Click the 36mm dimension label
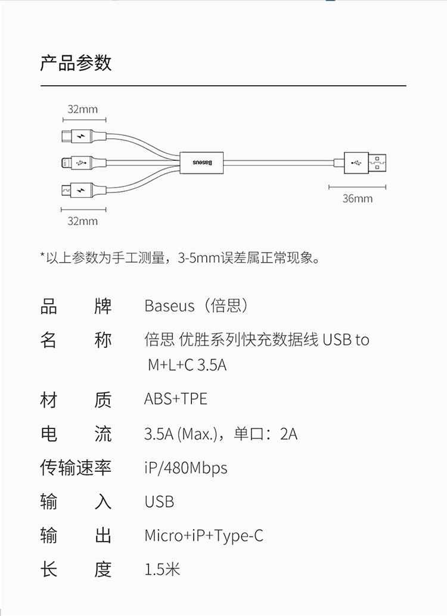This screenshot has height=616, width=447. coord(357,198)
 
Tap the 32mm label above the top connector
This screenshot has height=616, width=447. coord(82,109)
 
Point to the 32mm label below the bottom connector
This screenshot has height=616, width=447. coord(82,221)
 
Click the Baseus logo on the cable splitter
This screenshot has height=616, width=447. coord(201,161)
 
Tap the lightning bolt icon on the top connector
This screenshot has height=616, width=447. coord(82,136)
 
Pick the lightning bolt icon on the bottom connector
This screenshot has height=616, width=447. coord(82,190)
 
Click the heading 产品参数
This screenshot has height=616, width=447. coord(76,63)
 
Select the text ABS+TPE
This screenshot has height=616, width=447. coord(175,399)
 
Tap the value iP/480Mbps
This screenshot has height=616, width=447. coord(185,468)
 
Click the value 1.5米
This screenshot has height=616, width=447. coord(162,570)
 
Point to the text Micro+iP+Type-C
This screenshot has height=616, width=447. coord(203,536)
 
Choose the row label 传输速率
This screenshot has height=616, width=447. coord(76,468)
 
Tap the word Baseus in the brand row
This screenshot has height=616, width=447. coord(169,306)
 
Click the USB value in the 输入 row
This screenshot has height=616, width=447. coord(159,502)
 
